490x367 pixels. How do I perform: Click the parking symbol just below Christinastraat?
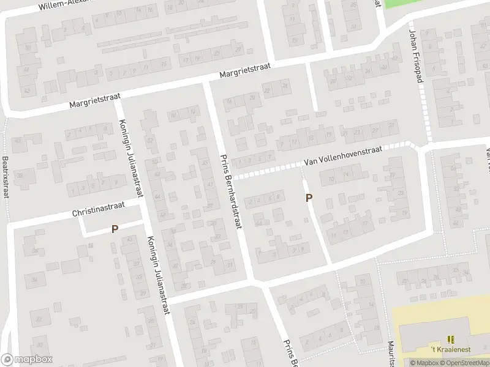click(115, 229)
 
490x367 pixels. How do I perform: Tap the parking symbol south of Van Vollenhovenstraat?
click(309, 198)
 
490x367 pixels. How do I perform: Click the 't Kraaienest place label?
click(450, 349)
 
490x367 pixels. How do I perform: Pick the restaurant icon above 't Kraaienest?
click(451, 339)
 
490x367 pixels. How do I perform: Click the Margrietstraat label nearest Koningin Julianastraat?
click(95, 99)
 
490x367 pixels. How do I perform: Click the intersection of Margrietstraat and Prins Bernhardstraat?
click(207, 82)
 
